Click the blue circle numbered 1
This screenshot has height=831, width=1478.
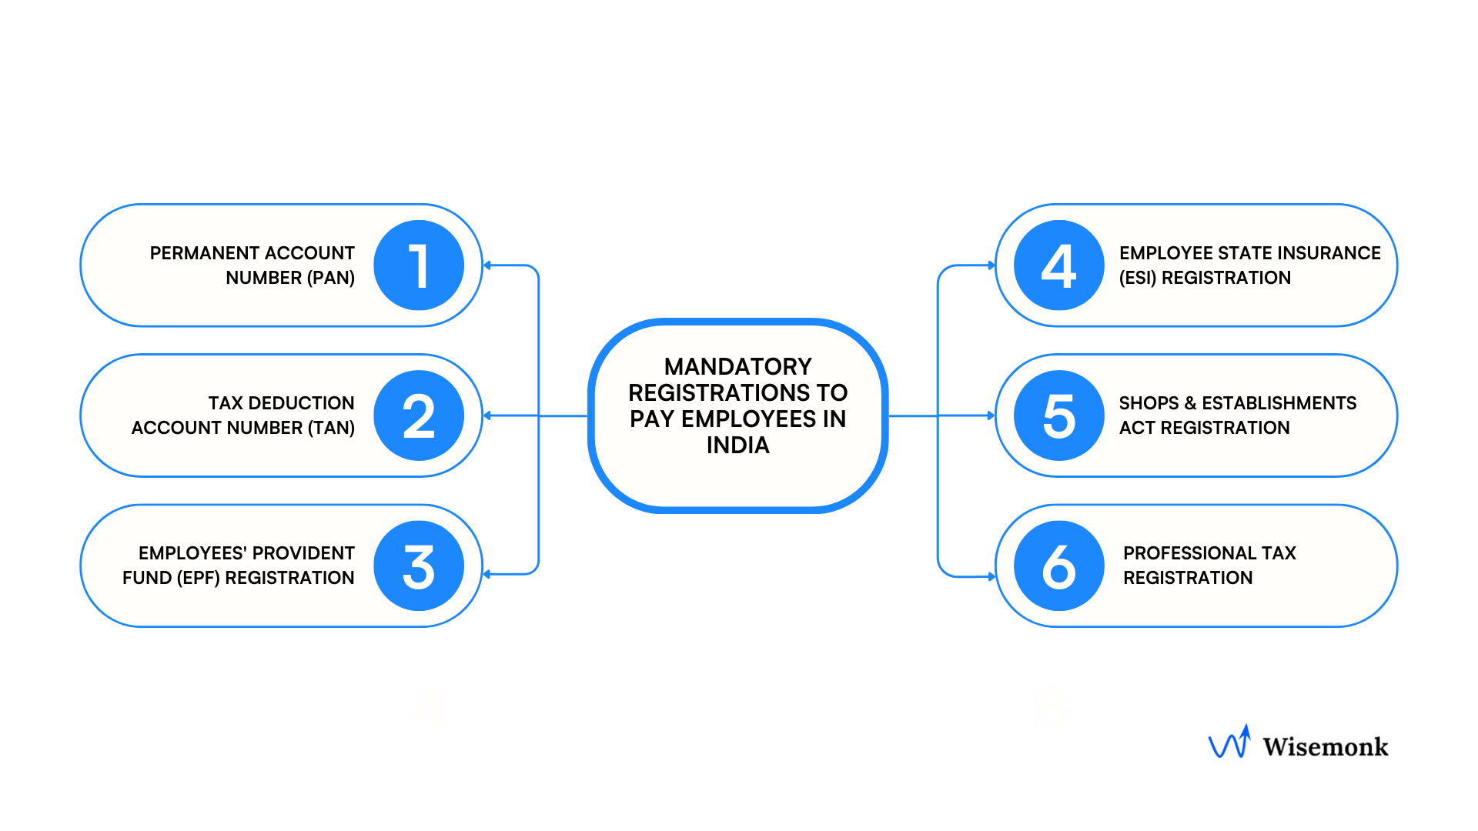pyautogui.click(x=419, y=265)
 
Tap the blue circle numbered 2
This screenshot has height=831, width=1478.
pyautogui.click(x=419, y=415)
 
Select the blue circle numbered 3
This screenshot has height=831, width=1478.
pyautogui.click(x=419, y=566)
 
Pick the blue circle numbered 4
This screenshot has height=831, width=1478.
pyautogui.click(x=1058, y=265)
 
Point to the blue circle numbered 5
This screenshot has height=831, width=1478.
pyautogui.click(x=1058, y=415)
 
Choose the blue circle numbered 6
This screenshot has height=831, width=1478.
pyautogui.click(x=1058, y=566)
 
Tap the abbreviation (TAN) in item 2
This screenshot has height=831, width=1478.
pyautogui.click(x=331, y=428)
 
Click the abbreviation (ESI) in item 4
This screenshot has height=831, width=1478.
pyautogui.click(x=1138, y=278)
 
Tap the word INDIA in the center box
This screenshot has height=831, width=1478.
pyautogui.click(x=737, y=446)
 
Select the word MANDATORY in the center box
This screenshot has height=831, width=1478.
pyautogui.click(x=737, y=366)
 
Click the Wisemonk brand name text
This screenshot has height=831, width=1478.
pyautogui.click(x=1325, y=746)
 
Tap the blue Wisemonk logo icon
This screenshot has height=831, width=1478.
pyautogui.click(x=1229, y=743)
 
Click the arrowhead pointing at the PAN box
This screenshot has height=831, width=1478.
pyautogui.click(x=487, y=265)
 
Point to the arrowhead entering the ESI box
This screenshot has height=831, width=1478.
pyautogui.click(x=991, y=265)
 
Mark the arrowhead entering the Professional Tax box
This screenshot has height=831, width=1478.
pyautogui.click(x=991, y=576)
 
